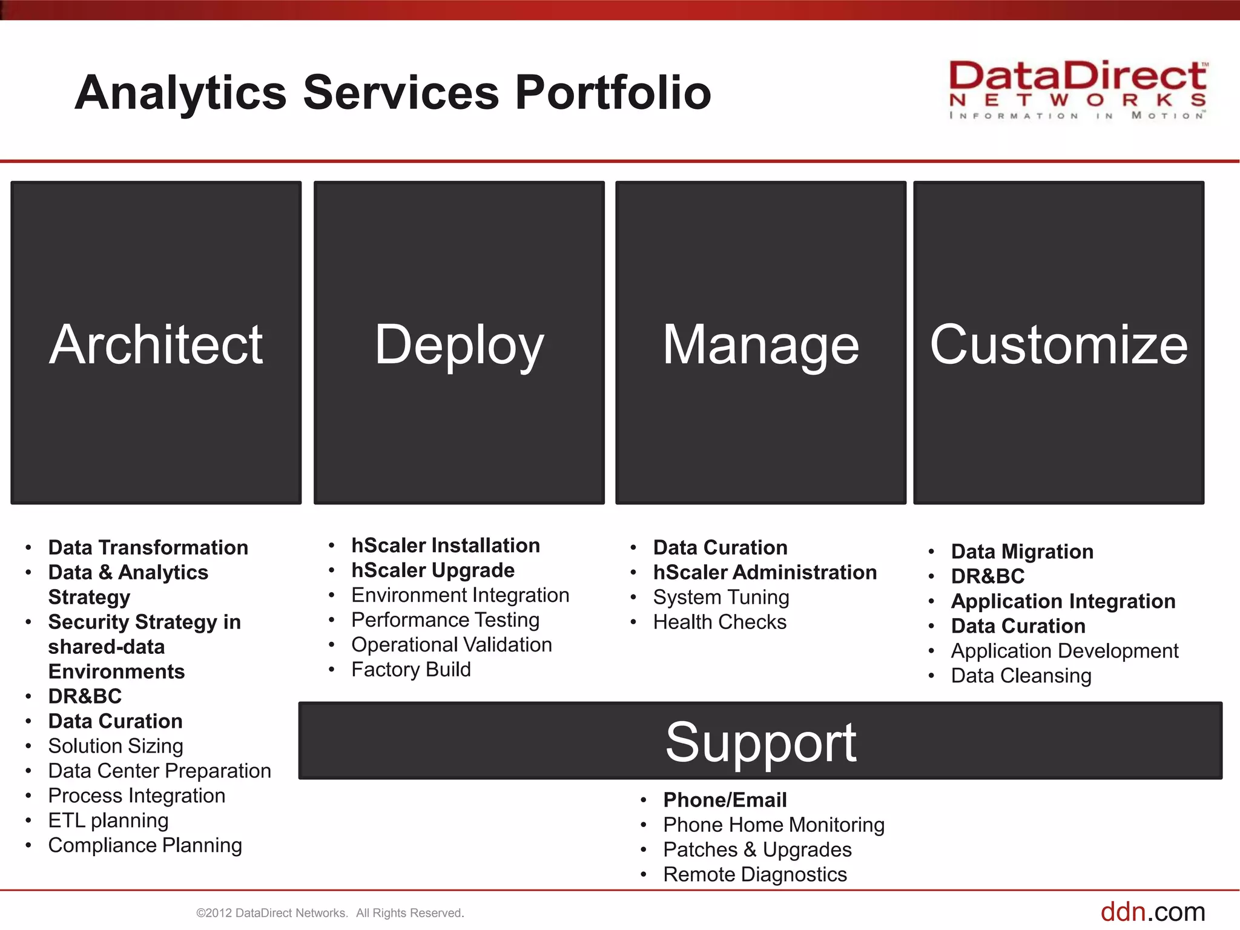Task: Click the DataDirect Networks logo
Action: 1078,90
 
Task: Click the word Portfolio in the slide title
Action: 613,93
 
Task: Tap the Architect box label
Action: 156,345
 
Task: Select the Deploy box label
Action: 459,345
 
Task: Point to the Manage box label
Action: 760,345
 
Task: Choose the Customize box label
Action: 1058,345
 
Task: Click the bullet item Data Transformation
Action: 148,547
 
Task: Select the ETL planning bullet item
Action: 108,820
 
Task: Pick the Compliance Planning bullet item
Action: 145,845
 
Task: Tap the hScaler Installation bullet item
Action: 446,546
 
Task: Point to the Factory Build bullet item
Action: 411,670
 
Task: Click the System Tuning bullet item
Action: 721,598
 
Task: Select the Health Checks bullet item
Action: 720,622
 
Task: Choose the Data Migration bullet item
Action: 1022,552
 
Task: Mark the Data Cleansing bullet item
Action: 1021,676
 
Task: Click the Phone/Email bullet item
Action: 725,800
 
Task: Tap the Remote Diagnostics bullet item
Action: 755,875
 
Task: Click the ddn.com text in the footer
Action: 1152,912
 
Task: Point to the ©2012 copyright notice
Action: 330,913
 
